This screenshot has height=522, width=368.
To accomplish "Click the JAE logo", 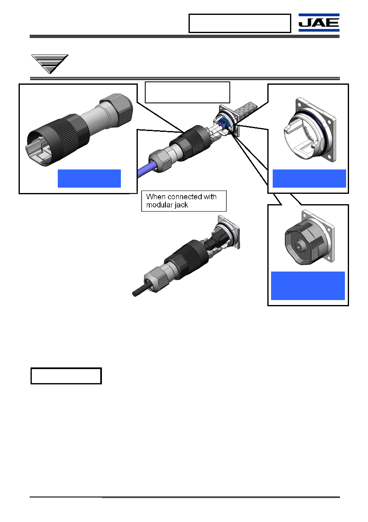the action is coord(318,22).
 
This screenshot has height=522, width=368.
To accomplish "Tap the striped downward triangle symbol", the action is coord(50,64).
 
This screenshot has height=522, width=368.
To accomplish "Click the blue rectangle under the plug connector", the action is coord(89,178).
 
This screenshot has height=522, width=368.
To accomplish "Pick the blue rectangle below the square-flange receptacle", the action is coord(309,178).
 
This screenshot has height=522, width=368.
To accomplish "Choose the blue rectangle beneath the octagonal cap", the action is coord(308,286).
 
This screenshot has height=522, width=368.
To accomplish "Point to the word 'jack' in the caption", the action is coord(182,205).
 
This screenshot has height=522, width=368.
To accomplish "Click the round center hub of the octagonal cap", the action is coord(299,246).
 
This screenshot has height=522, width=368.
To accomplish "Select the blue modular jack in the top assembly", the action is coord(223,124).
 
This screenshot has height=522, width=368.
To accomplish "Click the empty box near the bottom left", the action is coord(66,376).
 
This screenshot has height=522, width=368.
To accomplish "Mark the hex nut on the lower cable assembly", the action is coord(156,279).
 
